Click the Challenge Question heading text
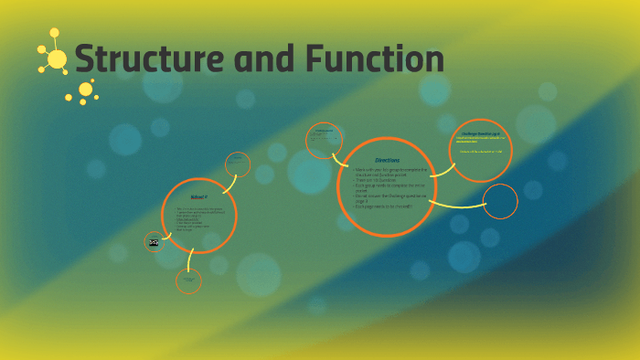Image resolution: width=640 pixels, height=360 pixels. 481,132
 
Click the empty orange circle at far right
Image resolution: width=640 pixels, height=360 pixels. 499,201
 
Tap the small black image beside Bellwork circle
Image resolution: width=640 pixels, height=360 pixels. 154,242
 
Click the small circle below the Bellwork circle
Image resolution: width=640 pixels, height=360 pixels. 189,281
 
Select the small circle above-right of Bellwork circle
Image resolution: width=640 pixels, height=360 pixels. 237,164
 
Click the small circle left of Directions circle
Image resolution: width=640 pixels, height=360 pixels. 324,141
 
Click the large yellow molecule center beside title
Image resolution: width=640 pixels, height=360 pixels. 57,60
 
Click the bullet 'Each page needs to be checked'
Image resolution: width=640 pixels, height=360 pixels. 383,206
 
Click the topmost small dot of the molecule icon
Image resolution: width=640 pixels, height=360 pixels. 55,32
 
